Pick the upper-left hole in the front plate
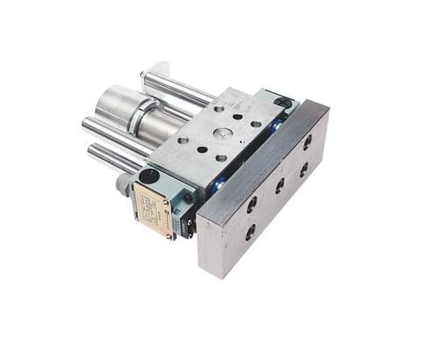(252, 203)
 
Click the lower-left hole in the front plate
(249, 233)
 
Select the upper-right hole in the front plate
(308, 140)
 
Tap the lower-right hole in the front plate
(304, 169)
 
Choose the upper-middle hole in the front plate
(280, 184)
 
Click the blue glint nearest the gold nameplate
(218, 184)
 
